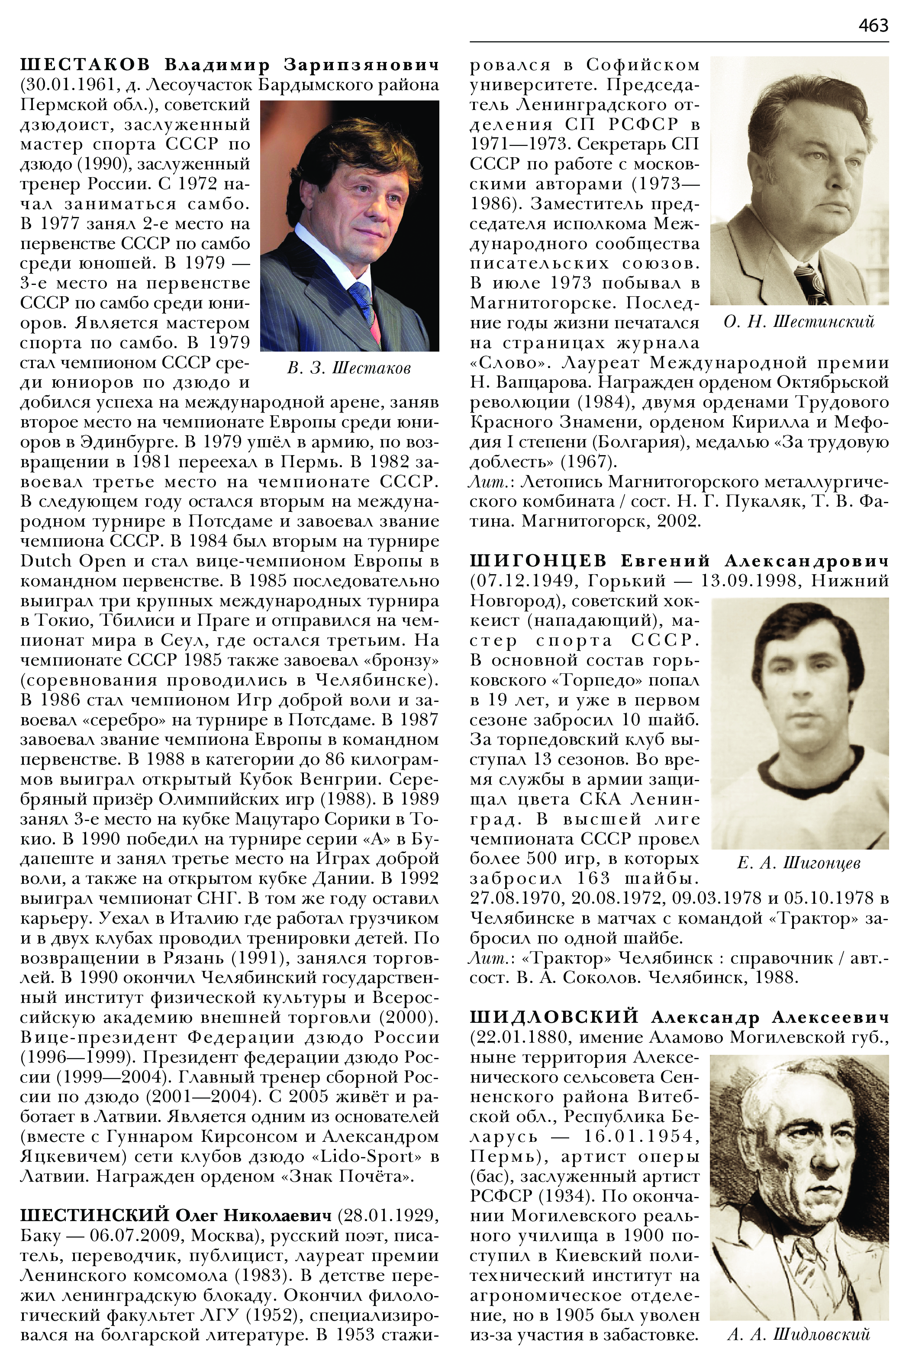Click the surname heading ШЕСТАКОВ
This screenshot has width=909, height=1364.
pos(85,65)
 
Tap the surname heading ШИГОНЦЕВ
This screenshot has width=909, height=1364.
pos(538,561)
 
